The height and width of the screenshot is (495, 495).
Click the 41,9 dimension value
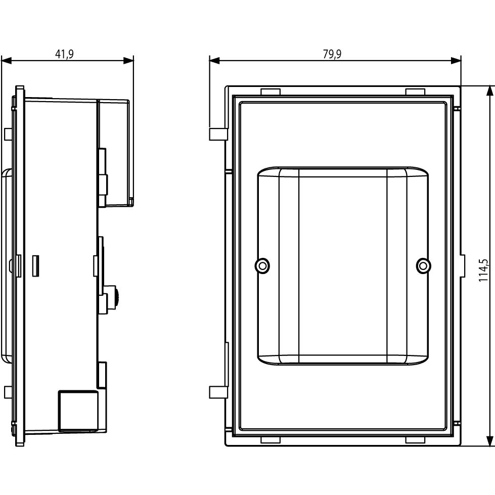click(64, 54)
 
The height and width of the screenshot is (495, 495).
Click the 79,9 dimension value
click(332, 54)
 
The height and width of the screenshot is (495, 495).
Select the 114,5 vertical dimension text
click(483, 270)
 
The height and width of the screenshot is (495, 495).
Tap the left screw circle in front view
click(262, 266)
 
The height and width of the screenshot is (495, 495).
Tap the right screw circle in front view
click(423, 266)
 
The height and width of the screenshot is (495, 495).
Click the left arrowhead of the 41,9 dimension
click(6, 60)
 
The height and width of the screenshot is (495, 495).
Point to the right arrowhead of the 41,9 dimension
click(128, 60)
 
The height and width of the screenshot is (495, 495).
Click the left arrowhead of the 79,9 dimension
click(214, 60)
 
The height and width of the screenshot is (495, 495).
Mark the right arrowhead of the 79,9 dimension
click(456, 60)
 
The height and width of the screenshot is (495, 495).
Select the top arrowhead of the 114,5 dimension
click(490, 91)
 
